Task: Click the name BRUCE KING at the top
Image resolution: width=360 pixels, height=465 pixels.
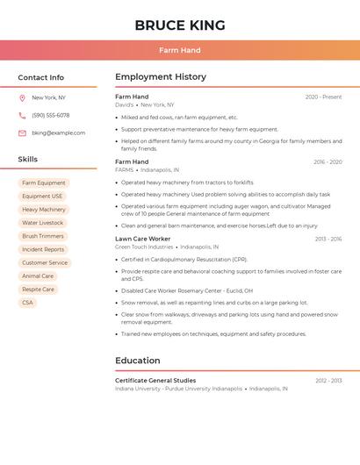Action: [180, 25]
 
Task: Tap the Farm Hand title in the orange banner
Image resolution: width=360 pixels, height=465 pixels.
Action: [180, 50]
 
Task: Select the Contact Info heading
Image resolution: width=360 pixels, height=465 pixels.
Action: [40, 77]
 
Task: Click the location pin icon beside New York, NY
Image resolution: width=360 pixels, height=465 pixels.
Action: [22, 97]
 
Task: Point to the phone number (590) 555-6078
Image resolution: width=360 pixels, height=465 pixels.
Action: [50, 115]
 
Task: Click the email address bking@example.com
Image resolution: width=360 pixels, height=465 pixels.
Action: [58, 132]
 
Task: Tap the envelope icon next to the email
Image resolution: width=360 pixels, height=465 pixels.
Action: [22, 132]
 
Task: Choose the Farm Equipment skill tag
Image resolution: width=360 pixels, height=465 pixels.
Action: [44, 182]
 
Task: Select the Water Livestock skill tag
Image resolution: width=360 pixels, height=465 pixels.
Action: [43, 223]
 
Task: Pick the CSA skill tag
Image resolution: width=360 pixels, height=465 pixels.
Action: [27, 303]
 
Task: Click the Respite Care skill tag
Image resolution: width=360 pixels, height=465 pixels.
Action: [38, 290]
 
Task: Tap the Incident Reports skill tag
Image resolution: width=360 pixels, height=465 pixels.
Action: [43, 249]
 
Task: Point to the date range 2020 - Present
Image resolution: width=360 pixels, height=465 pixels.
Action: [323, 97]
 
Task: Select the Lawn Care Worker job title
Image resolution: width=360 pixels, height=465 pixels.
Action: [142, 239]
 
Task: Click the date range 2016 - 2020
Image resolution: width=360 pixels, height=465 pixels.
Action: [328, 161]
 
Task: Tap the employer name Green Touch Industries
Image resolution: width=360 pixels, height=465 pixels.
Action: [144, 247]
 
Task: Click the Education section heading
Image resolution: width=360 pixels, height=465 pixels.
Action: [137, 361]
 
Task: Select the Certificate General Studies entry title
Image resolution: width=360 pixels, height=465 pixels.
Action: [155, 380]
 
